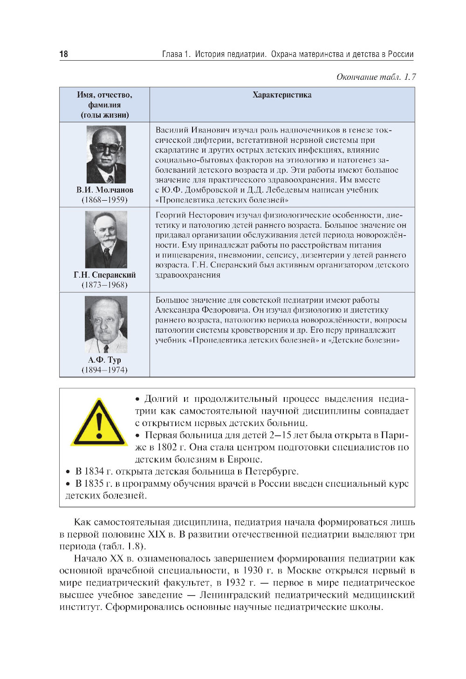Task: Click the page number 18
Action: pyautogui.click(x=63, y=54)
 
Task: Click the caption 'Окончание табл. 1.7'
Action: pyautogui.click(x=376, y=77)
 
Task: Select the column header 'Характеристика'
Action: pyautogui.click(x=281, y=95)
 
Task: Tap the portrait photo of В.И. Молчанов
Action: pyautogui.click(x=106, y=154)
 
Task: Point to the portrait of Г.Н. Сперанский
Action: pyautogui.click(x=106, y=239)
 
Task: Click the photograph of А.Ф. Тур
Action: pyautogui.click(x=106, y=324)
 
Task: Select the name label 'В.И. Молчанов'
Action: pyautogui.click(x=105, y=190)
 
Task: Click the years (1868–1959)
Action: pyautogui.click(x=104, y=200)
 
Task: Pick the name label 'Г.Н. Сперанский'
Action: pyautogui.click(x=105, y=275)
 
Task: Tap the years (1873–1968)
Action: pyautogui.click(x=104, y=285)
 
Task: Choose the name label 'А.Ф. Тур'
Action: pyautogui.click(x=104, y=360)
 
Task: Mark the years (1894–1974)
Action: pyautogui.click(x=104, y=370)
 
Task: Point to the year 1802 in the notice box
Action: pyautogui.click(x=167, y=447)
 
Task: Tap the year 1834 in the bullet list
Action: pyautogui.click(x=94, y=471)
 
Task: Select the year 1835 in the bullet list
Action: pyautogui.click(x=94, y=483)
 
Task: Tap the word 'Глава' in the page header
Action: pyautogui.click(x=172, y=54)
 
